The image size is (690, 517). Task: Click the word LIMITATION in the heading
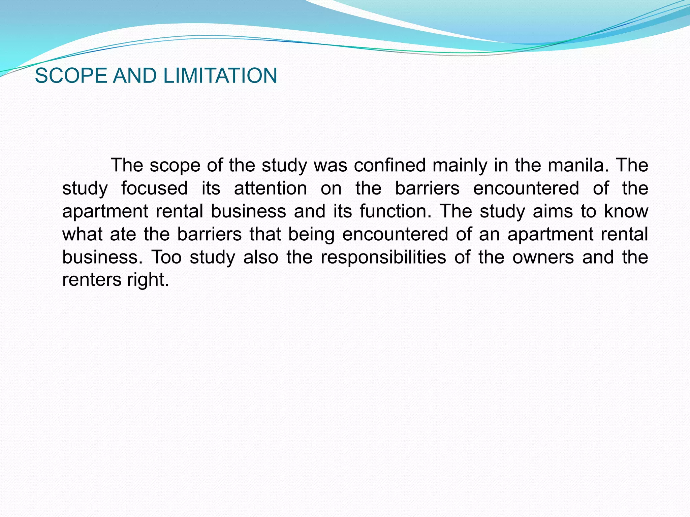[220, 75]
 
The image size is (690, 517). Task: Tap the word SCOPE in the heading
[71, 75]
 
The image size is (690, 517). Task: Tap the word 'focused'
[154, 188]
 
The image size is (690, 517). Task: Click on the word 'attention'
[270, 188]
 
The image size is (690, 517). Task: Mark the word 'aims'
[553, 211]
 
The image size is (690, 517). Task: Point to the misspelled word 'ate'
[123, 234]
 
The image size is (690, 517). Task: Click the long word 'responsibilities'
[383, 257]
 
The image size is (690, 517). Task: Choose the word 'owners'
[543, 257]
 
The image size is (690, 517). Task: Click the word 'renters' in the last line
[91, 280]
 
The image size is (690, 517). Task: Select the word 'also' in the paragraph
[261, 257]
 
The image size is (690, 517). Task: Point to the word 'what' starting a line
[83, 234]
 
